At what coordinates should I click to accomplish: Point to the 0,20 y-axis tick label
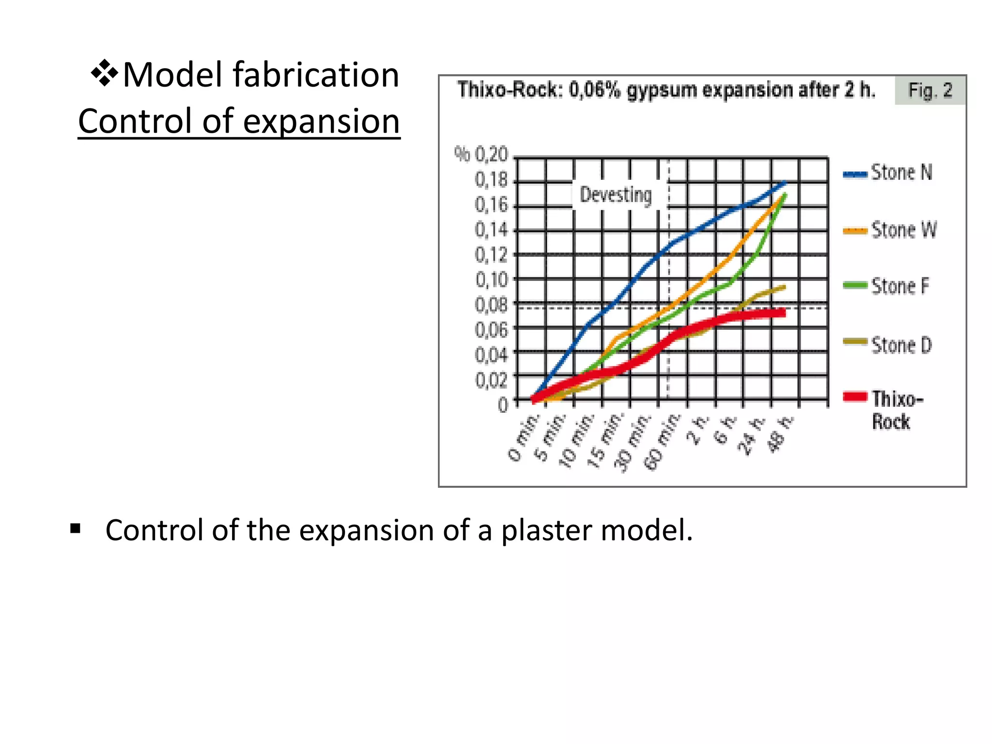coord(491,155)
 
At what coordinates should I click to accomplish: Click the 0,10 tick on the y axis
coord(491,280)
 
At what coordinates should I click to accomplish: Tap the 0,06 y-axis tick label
coord(491,330)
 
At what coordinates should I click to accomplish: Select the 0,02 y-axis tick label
coord(491,381)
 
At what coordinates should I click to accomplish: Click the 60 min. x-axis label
coord(661,442)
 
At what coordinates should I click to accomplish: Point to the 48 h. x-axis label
coord(781,434)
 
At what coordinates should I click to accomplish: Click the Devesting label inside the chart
coord(616,195)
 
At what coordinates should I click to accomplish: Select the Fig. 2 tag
coord(930,91)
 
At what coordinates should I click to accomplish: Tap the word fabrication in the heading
coord(316,75)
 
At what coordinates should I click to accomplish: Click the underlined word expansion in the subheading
coord(321,121)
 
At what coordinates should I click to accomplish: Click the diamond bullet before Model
coord(104,74)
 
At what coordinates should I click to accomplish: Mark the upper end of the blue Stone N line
coord(785,183)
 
